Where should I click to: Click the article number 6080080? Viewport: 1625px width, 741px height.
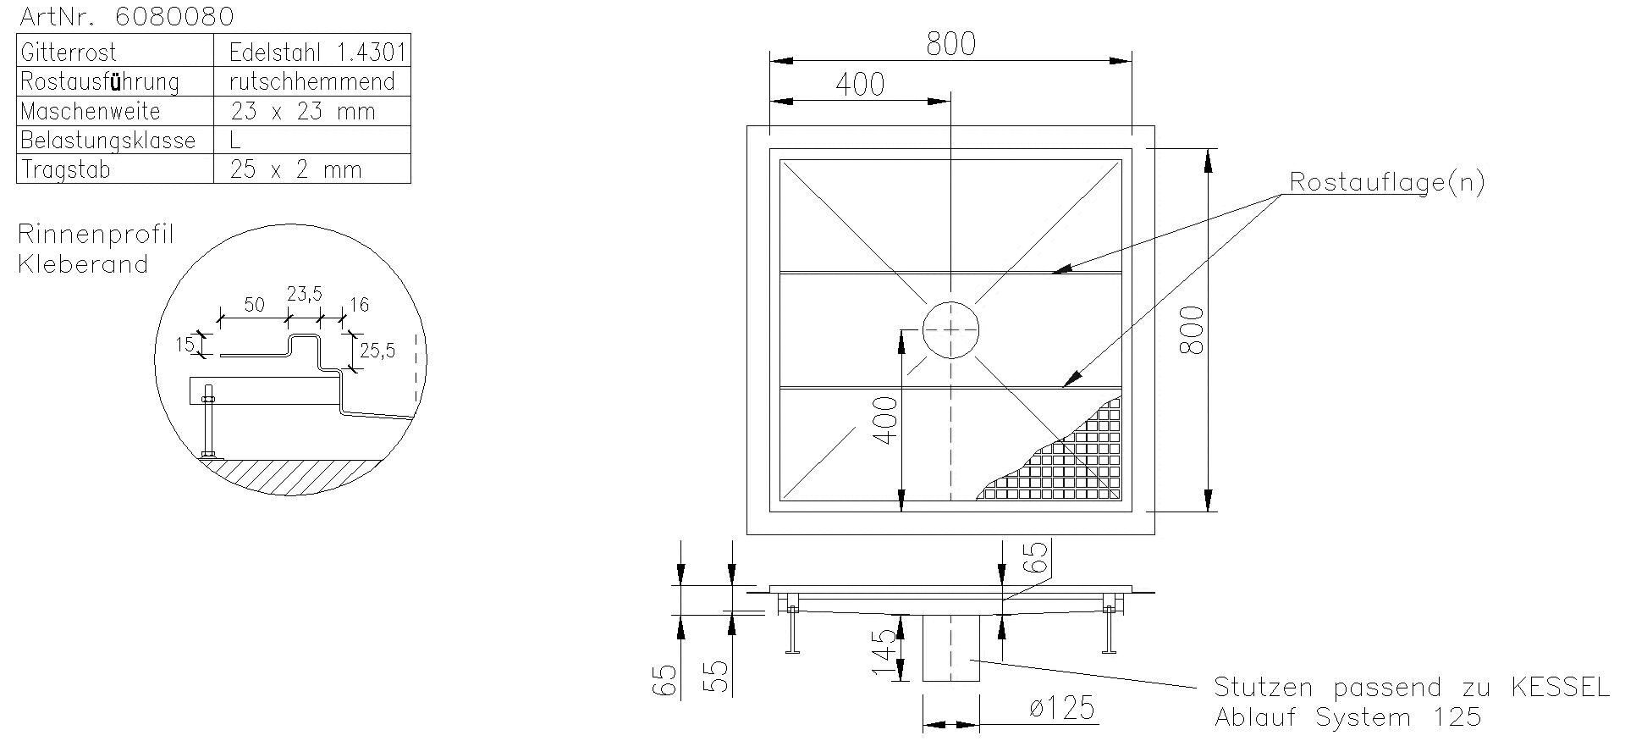(174, 16)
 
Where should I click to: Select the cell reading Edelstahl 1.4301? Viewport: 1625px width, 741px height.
(317, 53)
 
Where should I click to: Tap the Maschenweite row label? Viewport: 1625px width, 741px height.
(90, 112)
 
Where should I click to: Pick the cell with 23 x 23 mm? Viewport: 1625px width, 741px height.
(302, 112)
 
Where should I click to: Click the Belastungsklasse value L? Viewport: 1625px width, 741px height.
(236, 141)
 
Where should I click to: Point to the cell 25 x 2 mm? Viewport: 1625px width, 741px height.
(295, 170)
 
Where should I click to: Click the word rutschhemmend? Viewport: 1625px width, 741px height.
(312, 82)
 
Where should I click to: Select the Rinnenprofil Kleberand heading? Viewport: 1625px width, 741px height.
(95, 249)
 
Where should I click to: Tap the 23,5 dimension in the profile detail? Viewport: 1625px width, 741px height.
(304, 295)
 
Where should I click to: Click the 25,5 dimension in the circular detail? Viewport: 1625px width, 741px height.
(377, 350)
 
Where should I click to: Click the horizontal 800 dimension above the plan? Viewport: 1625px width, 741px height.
(950, 44)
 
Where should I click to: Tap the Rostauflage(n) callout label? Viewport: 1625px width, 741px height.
(1386, 182)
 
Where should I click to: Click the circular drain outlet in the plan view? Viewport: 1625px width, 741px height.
(950, 330)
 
